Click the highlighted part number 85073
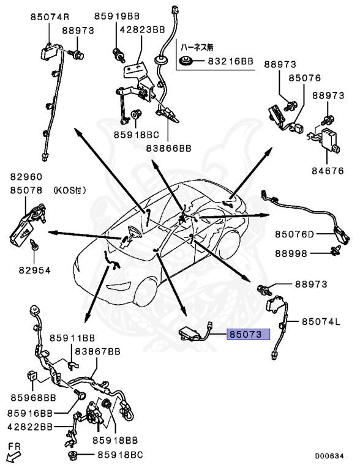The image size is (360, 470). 249,334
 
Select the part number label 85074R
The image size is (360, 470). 50,17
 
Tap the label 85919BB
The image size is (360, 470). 117,16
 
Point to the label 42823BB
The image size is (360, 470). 143,29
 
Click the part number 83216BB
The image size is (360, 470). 231,61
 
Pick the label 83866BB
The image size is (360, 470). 168,148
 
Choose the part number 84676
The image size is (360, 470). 328,171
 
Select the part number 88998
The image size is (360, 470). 291,253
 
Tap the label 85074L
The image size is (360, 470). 321,322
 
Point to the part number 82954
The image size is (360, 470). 35,270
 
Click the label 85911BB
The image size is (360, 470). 72,338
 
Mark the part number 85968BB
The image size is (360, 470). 34,398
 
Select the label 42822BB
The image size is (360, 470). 30,427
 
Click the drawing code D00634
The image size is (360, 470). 329,456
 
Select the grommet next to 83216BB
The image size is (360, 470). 187,61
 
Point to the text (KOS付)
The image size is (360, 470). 70,190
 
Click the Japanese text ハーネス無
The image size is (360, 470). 197,47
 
